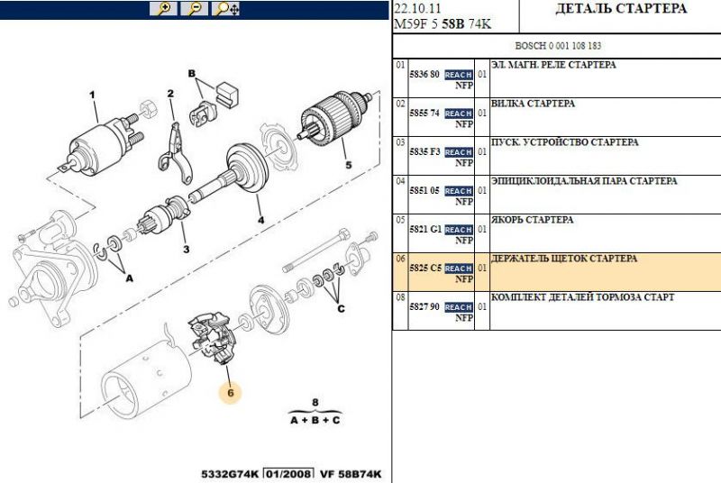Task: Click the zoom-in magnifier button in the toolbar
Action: (163, 9)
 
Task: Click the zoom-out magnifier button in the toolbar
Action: (194, 9)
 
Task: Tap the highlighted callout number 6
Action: (231, 393)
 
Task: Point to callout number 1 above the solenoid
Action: (93, 96)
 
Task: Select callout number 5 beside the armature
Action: (348, 165)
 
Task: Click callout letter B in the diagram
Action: (192, 74)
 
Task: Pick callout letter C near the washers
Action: (341, 309)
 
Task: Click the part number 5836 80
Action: (424, 75)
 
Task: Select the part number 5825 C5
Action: (425, 268)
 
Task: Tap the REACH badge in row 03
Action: (459, 152)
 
